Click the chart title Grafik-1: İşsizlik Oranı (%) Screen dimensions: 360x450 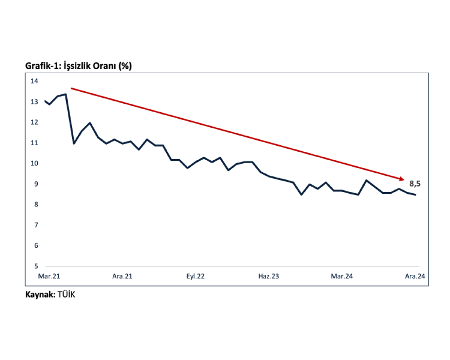click(x=78, y=65)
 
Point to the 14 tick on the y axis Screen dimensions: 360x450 click(x=34, y=81)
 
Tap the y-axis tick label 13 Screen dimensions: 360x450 click(x=34, y=101)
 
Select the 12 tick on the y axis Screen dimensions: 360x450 click(x=34, y=122)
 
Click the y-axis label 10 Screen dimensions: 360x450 click(x=34, y=163)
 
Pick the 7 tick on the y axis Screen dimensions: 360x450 click(x=35, y=225)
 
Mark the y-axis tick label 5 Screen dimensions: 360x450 click(x=35, y=266)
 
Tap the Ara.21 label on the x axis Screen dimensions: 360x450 click(x=122, y=277)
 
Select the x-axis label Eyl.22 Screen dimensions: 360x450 click(x=195, y=277)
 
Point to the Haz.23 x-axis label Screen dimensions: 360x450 click(x=269, y=277)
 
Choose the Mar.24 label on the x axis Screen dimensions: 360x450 click(x=342, y=277)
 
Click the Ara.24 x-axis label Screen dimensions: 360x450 click(x=415, y=277)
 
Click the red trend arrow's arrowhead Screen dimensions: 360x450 click(x=403, y=178)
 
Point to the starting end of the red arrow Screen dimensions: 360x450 click(x=71, y=89)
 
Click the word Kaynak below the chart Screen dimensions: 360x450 click(x=40, y=295)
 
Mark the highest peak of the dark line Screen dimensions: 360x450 click(x=65, y=94)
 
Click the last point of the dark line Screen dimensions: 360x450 click(x=415, y=194)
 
